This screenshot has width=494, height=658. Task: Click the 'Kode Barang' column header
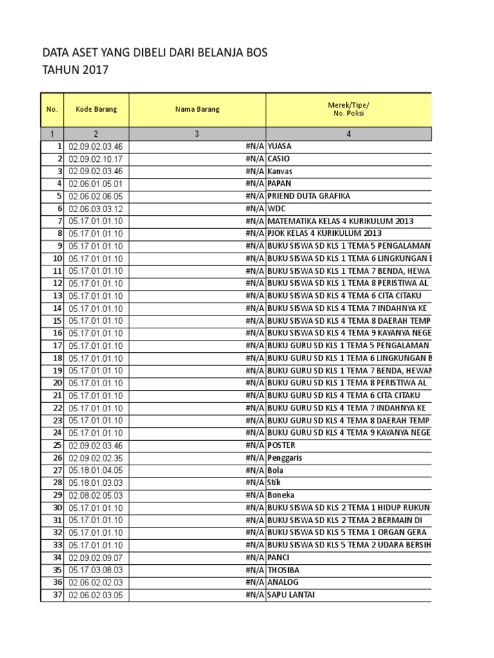tap(96, 109)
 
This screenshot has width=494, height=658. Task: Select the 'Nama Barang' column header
tap(197, 109)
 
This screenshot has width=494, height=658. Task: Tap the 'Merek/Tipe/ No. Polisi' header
tap(348, 109)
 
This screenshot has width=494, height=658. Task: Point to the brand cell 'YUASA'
tap(280, 147)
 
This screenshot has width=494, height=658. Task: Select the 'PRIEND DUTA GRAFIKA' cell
tap(309, 196)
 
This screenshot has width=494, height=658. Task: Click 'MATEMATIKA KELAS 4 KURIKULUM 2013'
tap(340, 221)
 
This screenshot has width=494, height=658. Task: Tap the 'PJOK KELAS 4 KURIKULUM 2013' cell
tap(325, 233)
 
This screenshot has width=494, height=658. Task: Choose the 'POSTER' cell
tap(280, 445)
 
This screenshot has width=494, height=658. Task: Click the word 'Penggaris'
tap(285, 458)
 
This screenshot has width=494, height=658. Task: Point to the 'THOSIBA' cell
tap(283, 570)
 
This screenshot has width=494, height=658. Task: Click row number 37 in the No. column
tap(58, 595)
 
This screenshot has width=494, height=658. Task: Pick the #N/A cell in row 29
tap(254, 495)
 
